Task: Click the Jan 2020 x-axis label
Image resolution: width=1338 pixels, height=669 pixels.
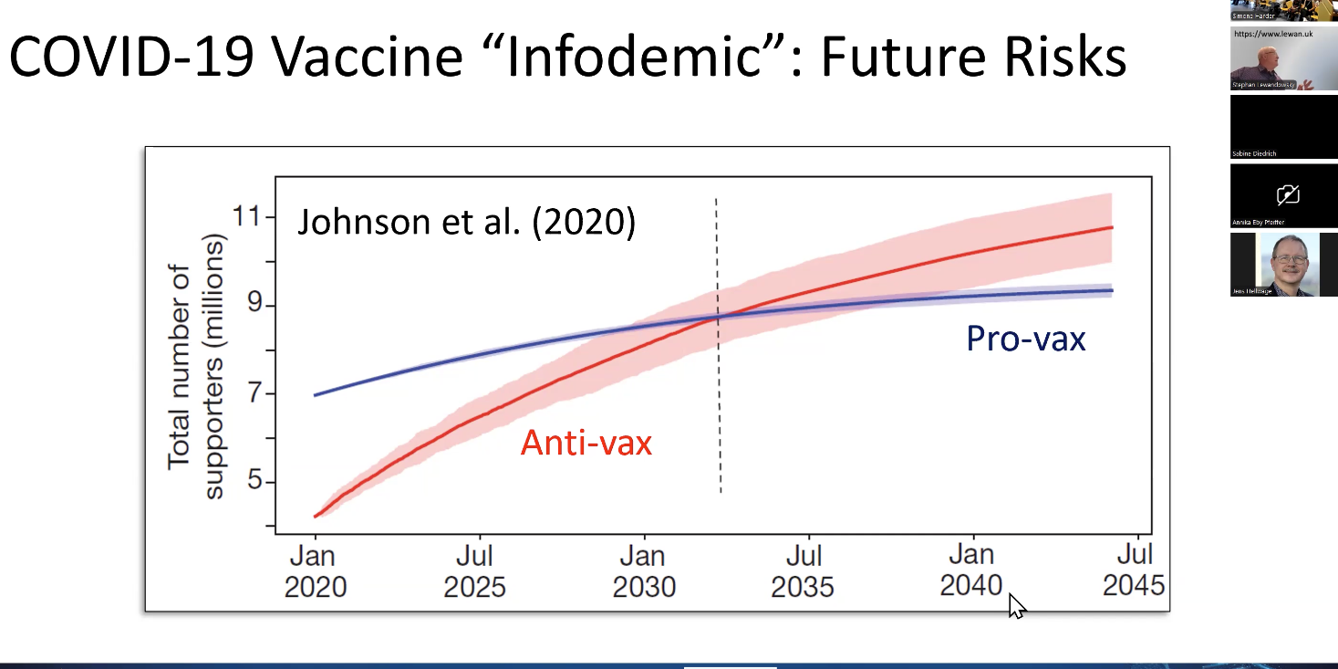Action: [x=316, y=570]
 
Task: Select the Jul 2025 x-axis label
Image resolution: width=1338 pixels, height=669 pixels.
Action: [x=474, y=570]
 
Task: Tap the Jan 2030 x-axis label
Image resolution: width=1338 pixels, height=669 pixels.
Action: [x=644, y=570]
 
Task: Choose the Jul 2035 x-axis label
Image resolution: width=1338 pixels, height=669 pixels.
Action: [x=803, y=570]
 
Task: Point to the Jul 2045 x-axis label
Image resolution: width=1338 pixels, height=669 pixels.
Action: [x=1134, y=570]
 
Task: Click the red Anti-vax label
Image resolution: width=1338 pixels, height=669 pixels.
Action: [x=586, y=444]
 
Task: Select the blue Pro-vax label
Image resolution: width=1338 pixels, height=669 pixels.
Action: [x=1026, y=340]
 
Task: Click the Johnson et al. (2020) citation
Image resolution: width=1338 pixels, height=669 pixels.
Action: [x=466, y=222]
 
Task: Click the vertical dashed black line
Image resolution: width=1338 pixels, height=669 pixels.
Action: [x=719, y=411]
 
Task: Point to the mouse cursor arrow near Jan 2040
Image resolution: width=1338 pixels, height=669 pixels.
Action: [x=1015, y=604]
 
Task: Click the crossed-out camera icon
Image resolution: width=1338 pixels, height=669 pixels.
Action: [x=1288, y=193]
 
